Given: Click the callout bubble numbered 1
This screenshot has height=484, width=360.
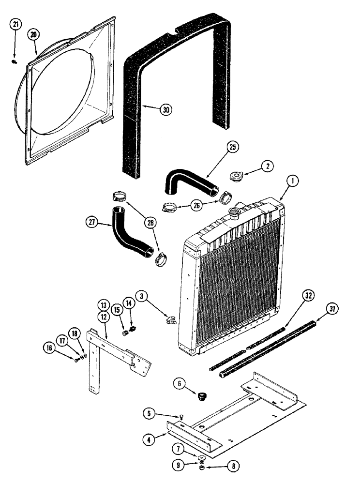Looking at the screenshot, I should pyautogui.click(x=292, y=181).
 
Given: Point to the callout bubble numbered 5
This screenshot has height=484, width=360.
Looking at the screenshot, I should pyautogui.click(x=150, y=413).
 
